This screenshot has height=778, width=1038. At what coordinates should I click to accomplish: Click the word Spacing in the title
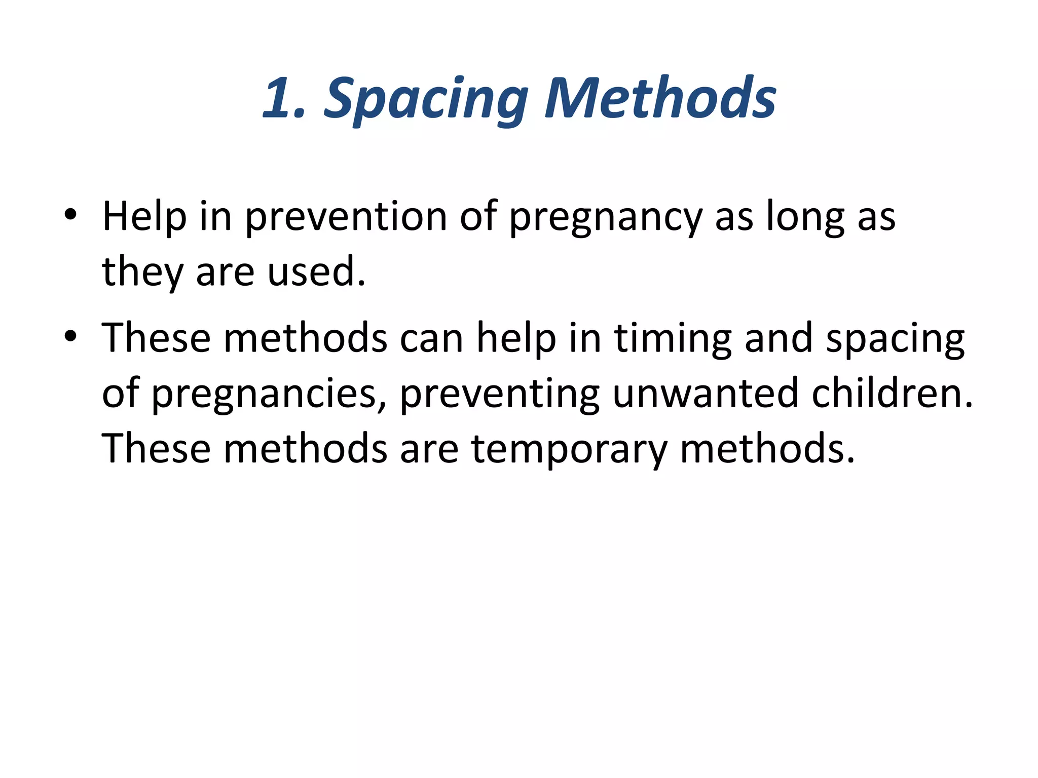(426, 99)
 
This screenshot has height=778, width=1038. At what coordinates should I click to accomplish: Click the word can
(431, 338)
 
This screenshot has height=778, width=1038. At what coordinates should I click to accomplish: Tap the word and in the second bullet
(778, 338)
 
